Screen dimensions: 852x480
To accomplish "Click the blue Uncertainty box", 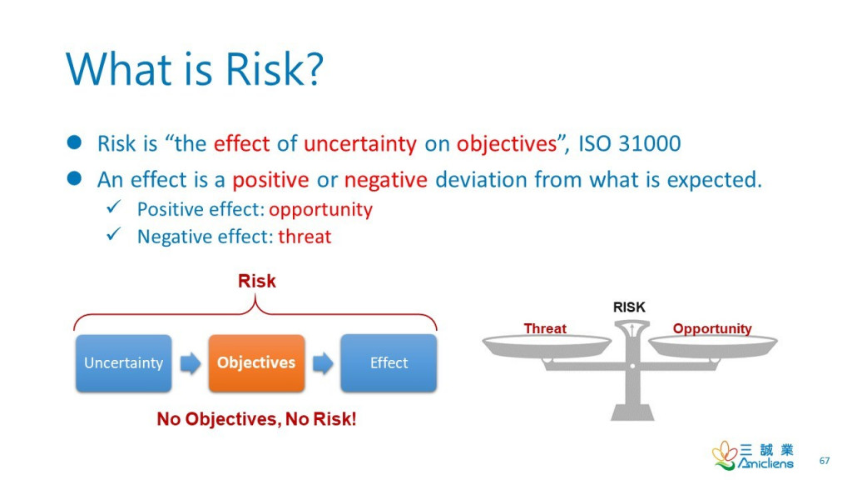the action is click(124, 363).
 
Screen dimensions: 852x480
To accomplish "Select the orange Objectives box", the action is click(256, 363).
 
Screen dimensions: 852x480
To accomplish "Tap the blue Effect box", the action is click(389, 363).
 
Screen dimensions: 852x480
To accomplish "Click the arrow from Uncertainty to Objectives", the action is click(191, 363).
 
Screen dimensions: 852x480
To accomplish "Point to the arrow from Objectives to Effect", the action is click(323, 363).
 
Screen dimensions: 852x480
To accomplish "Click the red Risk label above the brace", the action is click(257, 281).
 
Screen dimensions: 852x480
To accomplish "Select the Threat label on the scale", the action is click(545, 328).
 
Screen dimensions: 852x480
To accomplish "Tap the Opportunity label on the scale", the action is click(712, 328).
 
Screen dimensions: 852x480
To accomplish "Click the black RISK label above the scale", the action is click(629, 307).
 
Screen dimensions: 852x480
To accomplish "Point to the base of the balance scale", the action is click(632, 412).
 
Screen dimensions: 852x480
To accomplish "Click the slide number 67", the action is click(825, 460).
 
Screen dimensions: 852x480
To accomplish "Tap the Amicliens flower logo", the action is click(725, 455).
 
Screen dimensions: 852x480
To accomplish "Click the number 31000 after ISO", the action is click(649, 143).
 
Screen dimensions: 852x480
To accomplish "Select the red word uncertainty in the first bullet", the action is click(360, 143).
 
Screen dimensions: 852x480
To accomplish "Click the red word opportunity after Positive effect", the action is click(320, 210).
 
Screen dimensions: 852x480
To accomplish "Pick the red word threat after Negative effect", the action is click(305, 237).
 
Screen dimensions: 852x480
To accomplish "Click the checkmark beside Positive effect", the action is click(114, 207).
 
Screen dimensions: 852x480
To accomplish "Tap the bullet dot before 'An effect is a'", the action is click(74, 178).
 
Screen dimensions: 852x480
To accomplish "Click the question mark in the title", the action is click(314, 69).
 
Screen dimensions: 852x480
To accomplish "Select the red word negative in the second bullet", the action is click(386, 180).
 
